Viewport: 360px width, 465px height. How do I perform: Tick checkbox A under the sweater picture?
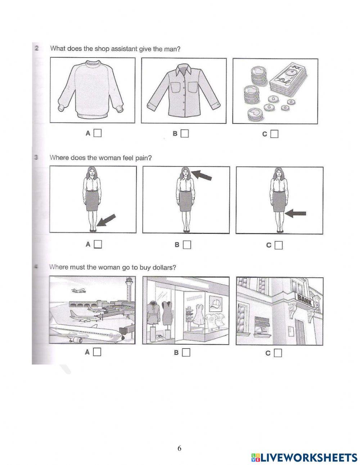pos(98,133)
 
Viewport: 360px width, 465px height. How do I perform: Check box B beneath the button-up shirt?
pos(185,134)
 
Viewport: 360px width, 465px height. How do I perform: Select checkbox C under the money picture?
pos(275,134)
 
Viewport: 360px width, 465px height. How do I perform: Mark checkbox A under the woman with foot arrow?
pos(98,244)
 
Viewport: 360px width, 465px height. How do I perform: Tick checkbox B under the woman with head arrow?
pos(186,245)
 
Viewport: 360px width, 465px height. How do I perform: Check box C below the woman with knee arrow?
pos(278,245)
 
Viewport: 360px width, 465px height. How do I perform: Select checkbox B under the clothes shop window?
pos(186,353)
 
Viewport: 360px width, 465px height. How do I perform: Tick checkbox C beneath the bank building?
pos(278,353)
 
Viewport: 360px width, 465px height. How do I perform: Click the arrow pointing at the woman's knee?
pos(296,214)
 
